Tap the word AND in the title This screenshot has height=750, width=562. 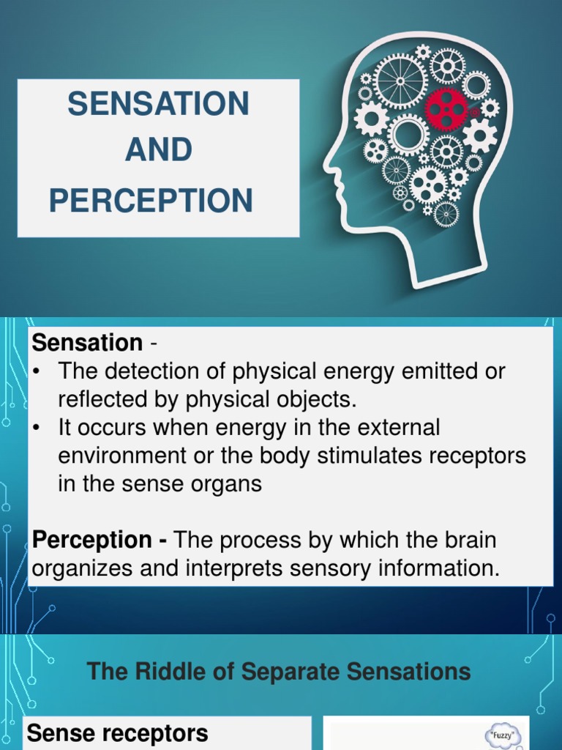(158, 151)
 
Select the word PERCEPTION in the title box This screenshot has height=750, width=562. (151, 200)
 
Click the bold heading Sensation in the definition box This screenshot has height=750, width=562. (87, 342)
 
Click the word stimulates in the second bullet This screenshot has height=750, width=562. (340, 456)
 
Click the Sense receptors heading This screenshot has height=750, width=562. (117, 732)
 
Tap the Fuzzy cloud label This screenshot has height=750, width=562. (504, 733)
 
